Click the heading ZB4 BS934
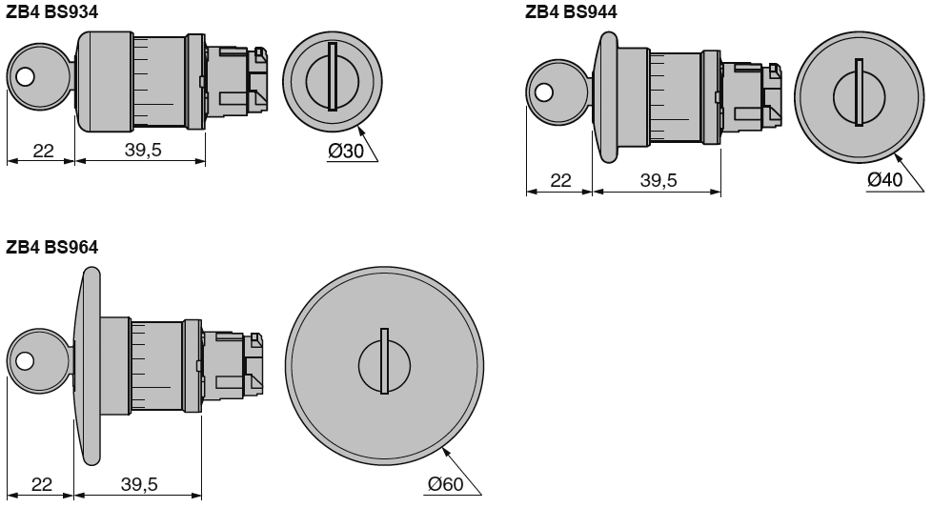point(51,11)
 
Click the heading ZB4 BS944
point(571,11)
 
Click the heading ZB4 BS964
point(51,248)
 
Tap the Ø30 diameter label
point(346,151)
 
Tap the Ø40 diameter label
point(884,180)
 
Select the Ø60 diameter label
point(445,485)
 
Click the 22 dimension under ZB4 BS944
point(560,180)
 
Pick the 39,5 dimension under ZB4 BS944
point(658,180)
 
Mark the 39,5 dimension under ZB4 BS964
point(139,485)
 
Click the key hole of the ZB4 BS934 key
point(25,78)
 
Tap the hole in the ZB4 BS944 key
point(543,92)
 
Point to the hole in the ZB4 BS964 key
point(25,361)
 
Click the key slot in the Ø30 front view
point(332,76)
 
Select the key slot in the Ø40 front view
point(859,92)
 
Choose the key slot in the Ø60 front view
point(384,361)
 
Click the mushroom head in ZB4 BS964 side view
point(90,367)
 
